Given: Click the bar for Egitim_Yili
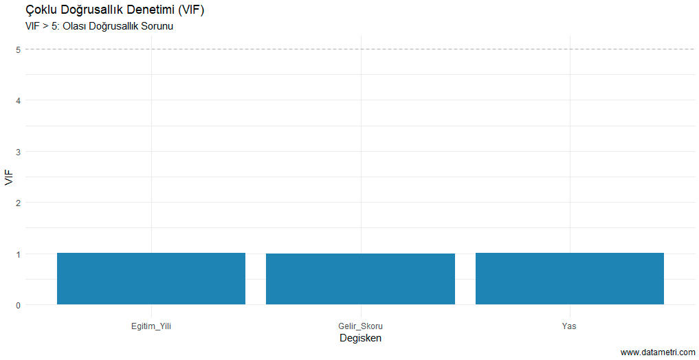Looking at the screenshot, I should point(151,279).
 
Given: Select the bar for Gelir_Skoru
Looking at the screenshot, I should point(360,279).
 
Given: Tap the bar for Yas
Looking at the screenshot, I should point(570,279).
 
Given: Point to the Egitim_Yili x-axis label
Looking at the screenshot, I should point(151,326).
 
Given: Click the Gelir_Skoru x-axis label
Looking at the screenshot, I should point(360,326).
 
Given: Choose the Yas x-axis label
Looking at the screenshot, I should point(570,326).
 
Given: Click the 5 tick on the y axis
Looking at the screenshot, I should point(18,49).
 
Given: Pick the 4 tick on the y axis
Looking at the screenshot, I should point(18,100).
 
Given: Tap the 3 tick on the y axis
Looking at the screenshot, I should point(18,152).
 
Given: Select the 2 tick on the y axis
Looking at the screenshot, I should point(18,203).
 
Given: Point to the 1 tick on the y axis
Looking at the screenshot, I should point(18,254).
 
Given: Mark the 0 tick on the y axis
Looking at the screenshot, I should point(18,305).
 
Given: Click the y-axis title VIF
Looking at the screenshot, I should point(8,177).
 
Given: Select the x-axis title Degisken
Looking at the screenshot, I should point(360,338).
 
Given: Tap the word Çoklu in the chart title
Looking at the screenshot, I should point(41,10).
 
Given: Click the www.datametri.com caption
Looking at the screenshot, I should point(658,352).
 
